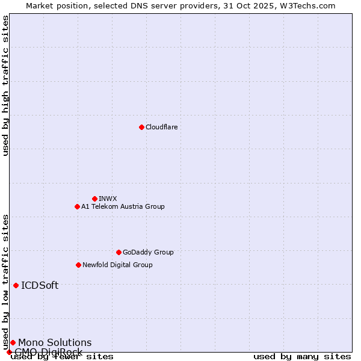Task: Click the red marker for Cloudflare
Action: (141, 127)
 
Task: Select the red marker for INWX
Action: (94, 199)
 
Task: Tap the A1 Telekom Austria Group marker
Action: (77, 206)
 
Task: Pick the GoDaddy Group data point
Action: (119, 252)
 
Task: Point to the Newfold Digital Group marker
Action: (78, 265)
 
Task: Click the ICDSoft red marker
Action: (16, 285)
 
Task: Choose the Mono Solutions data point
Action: (13, 342)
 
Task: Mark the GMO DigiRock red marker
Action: (9, 352)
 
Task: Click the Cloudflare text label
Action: (161, 127)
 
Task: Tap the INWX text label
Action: (108, 199)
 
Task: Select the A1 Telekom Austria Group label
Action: (123, 206)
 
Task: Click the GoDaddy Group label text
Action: (148, 252)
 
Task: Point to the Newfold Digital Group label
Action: (117, 265)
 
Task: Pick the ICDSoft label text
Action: (40, 285)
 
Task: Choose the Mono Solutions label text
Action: (55, 342)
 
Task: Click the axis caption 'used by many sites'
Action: (302, 356)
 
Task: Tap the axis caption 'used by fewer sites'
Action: (62, 356)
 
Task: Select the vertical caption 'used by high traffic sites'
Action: (5, 85)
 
